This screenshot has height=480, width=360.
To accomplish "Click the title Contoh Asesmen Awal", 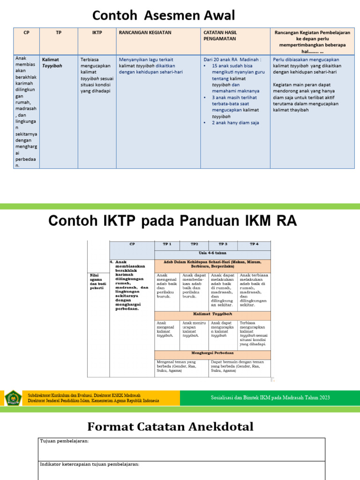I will [x=164, y=15].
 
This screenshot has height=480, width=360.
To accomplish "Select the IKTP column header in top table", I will [x=97, y=32].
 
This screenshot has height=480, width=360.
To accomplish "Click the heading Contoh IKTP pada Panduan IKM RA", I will [x=173, y=221].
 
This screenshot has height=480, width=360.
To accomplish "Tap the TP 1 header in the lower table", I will [x=167, y=244].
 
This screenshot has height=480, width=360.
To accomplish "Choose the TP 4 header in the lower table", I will [x=254, y=244].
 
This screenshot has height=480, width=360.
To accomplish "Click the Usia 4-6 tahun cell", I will [x=212, y=253].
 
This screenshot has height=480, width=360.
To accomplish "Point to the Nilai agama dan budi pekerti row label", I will [x=97, y=281].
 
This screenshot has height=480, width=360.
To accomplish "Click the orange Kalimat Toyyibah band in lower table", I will [x=212, y=314].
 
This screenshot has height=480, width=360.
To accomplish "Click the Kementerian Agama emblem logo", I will [x=13, y=397].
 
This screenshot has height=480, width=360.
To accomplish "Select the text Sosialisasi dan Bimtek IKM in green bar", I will [x=270, y=397].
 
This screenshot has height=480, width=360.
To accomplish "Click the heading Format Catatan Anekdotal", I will [x=170, y=427].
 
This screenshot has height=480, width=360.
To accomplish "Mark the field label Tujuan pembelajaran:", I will [x=64, y=441].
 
